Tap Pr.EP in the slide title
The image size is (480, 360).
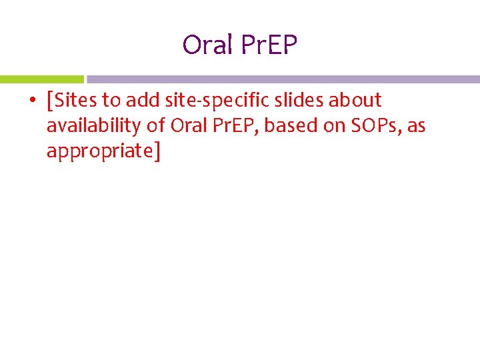click(x=270, y=45)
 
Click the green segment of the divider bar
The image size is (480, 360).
click(x=41, y=79)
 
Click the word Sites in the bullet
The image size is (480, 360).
click(x=77, y=101)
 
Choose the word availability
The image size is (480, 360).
click(x=94, y=126)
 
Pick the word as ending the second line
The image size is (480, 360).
click(x=416, y=126)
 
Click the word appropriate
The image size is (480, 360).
click(x=100, y=151)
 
